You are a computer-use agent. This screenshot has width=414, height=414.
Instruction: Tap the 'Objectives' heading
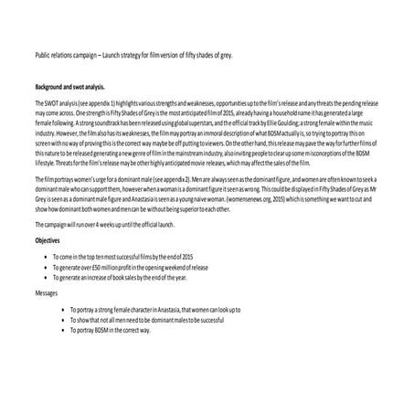pos(48,239)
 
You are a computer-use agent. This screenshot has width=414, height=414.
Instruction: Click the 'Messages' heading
pos(47,293)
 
